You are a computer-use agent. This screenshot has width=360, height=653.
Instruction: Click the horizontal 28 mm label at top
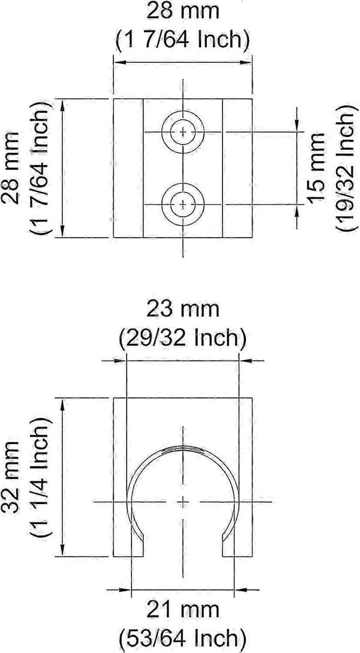point(183,11)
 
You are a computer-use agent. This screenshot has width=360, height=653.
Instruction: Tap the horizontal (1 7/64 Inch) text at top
point(183,40)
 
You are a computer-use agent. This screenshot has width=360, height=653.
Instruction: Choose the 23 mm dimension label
point(183,310)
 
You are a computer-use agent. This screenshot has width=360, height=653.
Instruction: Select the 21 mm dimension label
point(183,610)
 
